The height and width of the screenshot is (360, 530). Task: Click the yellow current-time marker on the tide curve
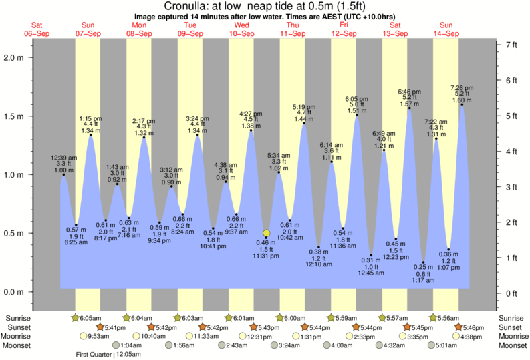coord(266,234)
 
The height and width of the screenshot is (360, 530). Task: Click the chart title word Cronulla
coord(186,6)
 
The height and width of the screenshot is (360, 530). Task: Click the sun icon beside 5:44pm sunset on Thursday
coord(305,327)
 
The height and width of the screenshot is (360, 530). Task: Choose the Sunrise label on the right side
coord(511,317)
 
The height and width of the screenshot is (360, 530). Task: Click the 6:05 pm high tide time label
coord(355,98)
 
